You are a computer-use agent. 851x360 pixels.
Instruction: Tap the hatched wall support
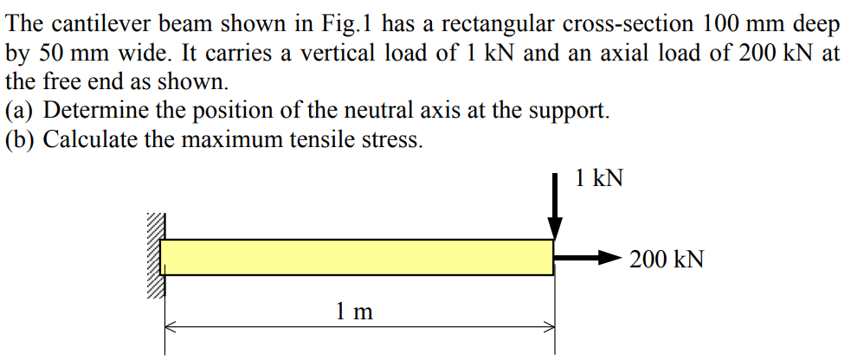(154, 255)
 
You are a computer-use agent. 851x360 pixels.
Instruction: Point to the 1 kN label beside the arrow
(597, 178)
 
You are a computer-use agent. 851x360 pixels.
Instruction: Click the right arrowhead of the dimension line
(546, 327)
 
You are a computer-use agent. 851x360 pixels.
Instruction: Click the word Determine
(96, 111)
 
